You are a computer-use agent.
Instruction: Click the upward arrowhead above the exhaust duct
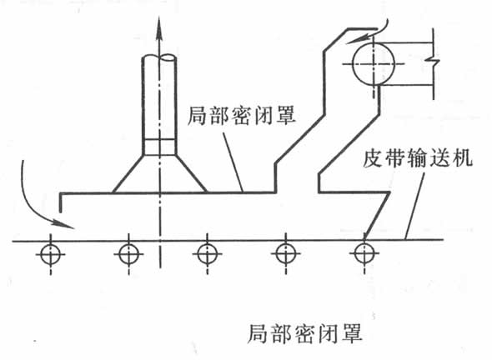point(159,29)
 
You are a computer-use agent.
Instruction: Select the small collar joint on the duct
point(159,147)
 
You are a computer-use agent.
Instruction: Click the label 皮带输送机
point(418,158)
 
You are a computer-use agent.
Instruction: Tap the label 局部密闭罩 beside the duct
point(242,116)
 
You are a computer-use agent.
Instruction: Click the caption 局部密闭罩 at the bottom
point(304,333)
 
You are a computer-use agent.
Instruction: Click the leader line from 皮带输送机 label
point(414,206)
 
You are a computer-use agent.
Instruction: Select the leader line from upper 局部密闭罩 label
point(233,162)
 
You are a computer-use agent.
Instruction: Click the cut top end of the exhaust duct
point(159,58)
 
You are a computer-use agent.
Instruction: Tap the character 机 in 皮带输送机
point(463,158)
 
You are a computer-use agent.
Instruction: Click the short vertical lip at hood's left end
point(61,203)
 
